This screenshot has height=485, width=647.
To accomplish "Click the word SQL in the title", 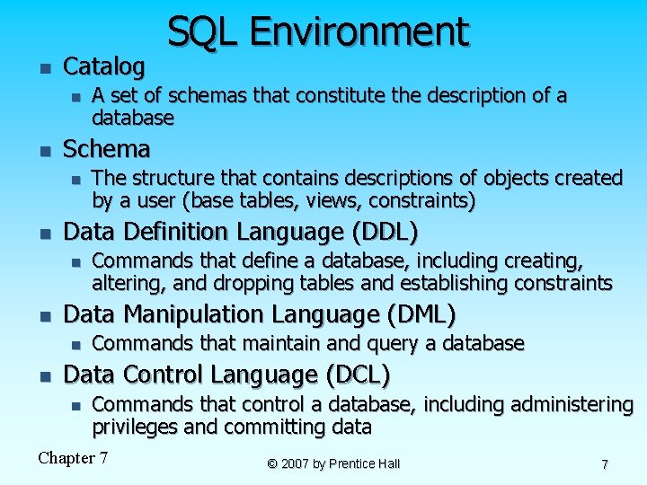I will pyautogui.click(x=203, y=32).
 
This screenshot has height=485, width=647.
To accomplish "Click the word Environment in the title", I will pyautogui.click(x=359, y=32).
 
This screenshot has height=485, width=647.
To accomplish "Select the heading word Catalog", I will pyautogui.click(x=104, y=66).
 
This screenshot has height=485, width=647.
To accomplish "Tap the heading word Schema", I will pyautogui.click(x=107, y=148).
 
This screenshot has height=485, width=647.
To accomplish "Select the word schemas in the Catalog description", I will pyautogui.click(x=204, y=96).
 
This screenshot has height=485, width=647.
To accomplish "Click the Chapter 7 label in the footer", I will pyautogui.click(x=73, y=459).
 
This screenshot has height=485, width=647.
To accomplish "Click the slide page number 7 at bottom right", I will pyautogui.click(x=605, y=464).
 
